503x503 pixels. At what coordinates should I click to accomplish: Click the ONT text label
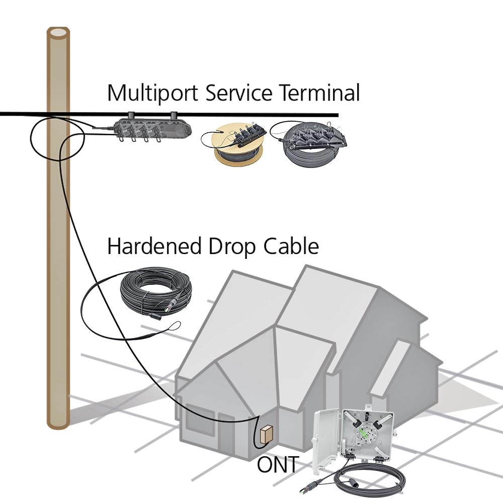[277, 465]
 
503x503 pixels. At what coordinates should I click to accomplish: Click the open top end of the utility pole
[58, 33]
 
